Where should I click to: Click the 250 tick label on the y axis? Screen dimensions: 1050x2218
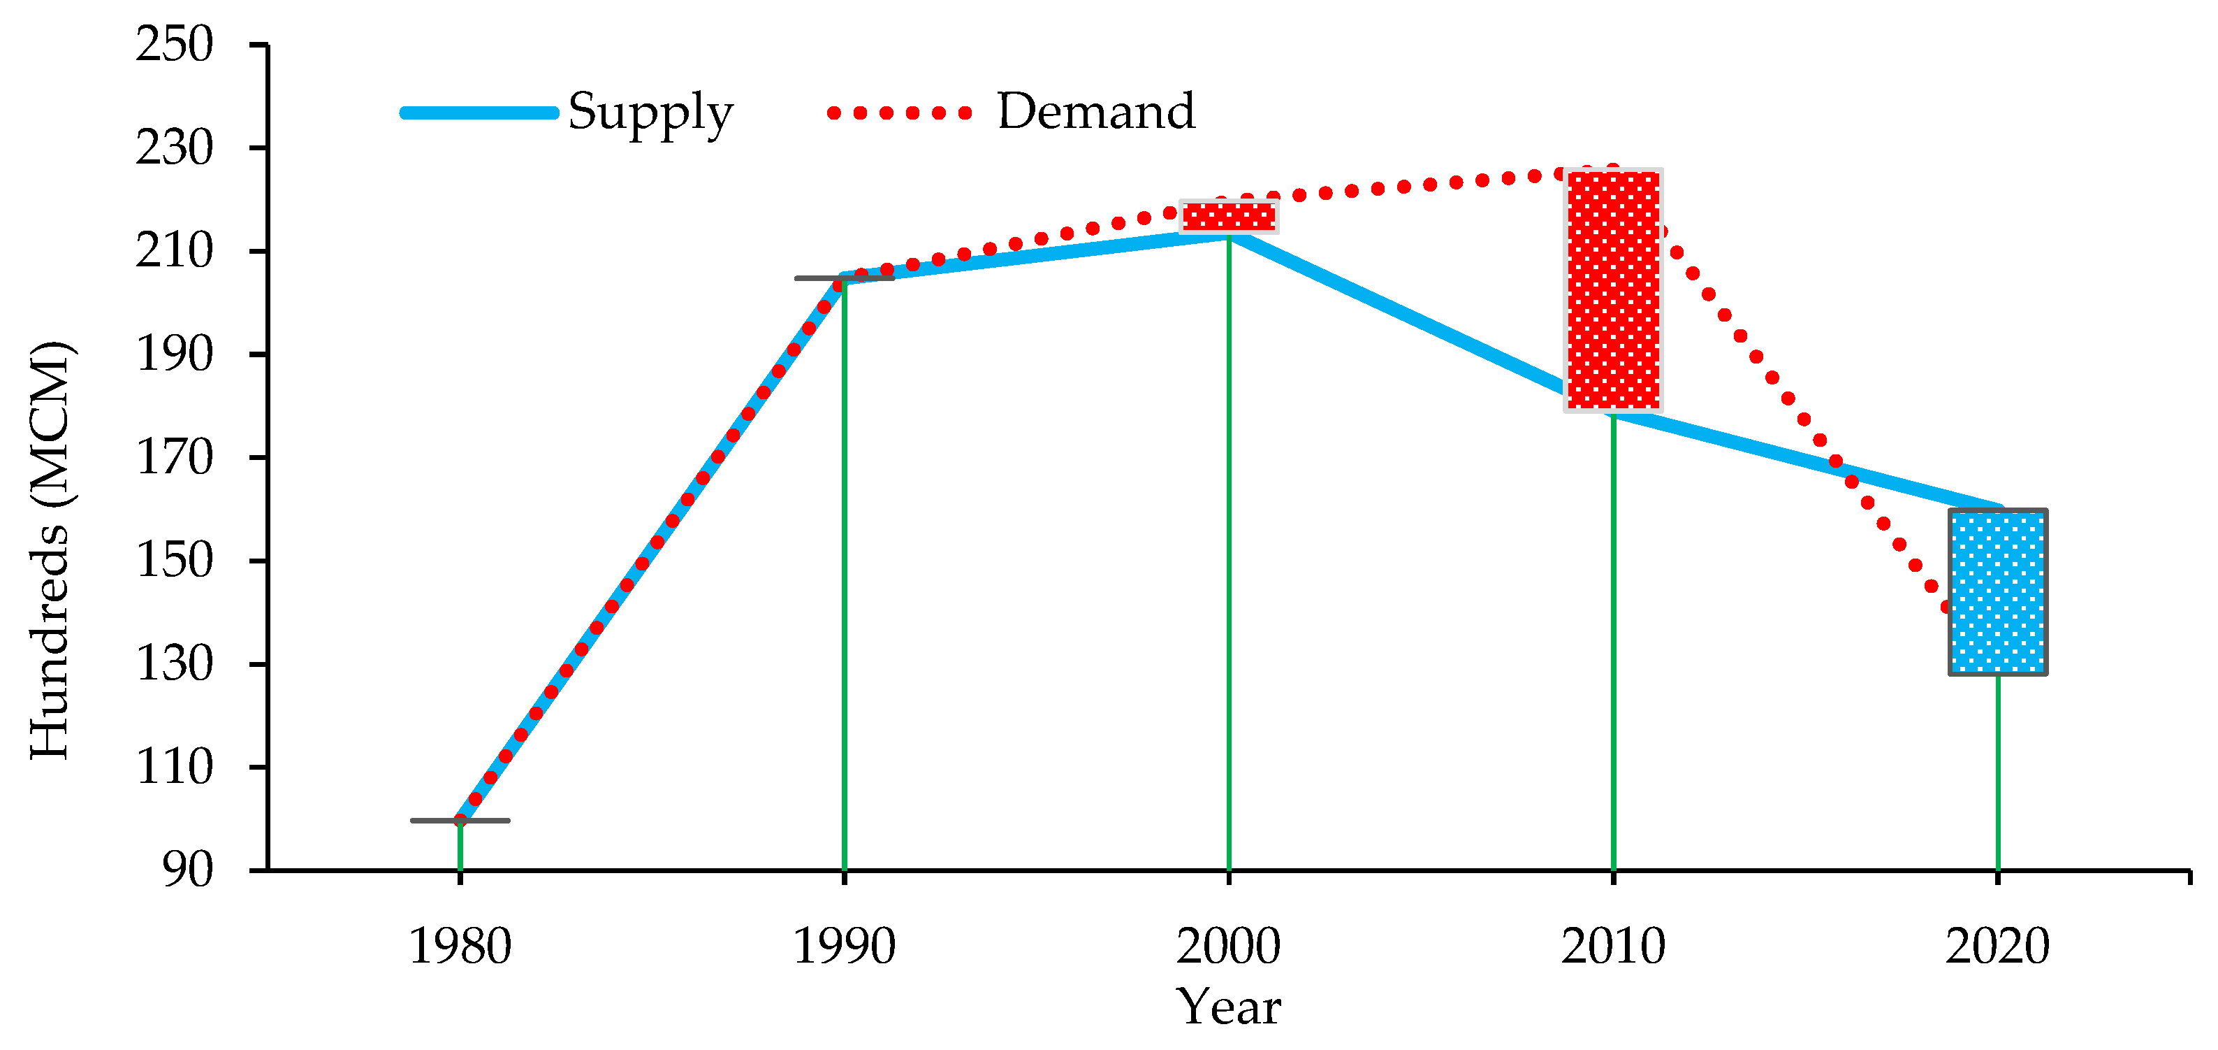coord(174,44)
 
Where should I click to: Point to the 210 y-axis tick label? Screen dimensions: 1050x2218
coord(174,251)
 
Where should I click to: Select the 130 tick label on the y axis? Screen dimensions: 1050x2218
coord(174,664)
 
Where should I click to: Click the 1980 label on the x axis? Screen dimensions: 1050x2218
coord(460,947)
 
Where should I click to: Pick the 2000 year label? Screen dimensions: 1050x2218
coord(1228,947)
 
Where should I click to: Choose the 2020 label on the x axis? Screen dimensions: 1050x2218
coord(1997,947)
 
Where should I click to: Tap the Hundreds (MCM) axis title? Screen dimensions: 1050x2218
coord(50,552)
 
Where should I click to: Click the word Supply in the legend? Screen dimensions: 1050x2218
coord(650,112)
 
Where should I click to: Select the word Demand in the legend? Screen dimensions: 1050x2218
coord(1095,112)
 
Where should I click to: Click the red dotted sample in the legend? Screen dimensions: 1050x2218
coord(899,113)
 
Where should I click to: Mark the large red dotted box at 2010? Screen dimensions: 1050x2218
coord(1613,290)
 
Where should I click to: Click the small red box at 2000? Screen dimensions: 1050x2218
coord(1228,216)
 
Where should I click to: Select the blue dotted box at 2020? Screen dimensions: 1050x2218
coord(1997,591)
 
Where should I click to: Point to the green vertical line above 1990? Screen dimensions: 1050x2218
coord(845,577)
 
